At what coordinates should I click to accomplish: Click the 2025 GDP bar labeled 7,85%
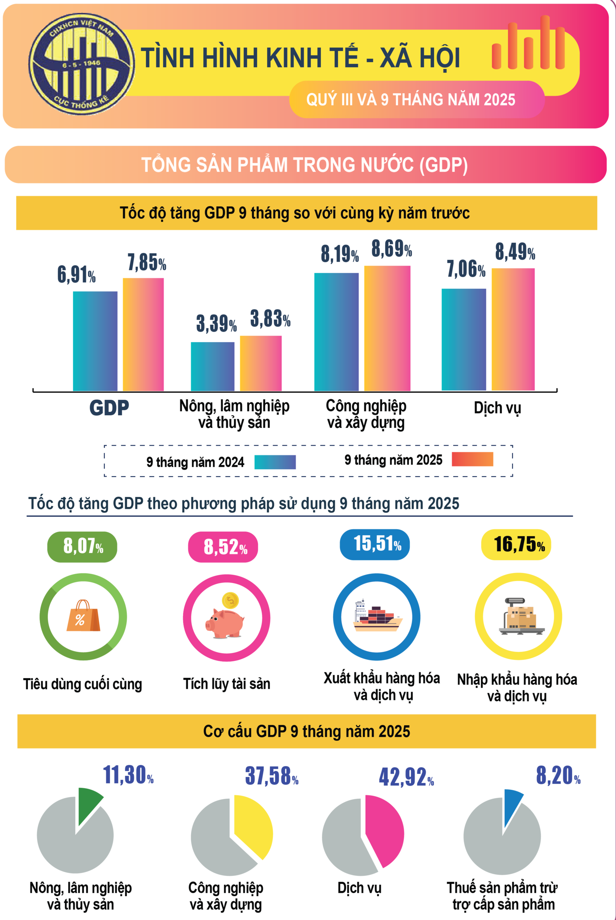coord(144,334)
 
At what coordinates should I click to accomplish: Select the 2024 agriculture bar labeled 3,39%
coord(213,366)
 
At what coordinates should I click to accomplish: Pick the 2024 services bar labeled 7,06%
coord(464,340)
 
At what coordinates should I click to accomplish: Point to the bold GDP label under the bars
coord(109,408)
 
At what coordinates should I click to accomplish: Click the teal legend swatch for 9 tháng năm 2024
coord(275,462)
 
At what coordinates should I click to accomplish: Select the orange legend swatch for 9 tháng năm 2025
coord(472,459)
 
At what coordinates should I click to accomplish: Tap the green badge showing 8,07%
coord(82,547)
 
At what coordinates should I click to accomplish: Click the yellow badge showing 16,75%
coord(516,544)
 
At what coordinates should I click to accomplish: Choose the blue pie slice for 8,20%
coord(512,805)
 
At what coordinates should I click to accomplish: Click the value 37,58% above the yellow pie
coord(271,776)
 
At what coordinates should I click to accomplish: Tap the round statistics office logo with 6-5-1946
coord(82,64)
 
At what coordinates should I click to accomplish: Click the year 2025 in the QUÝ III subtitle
coord(499,100)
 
